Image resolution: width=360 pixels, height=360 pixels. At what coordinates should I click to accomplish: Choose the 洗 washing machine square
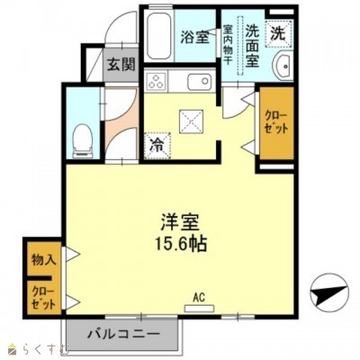tap(281, 31)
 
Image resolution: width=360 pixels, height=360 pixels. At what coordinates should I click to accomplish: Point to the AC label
tap(197, 295)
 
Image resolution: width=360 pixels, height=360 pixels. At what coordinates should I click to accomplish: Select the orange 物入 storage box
tap(42, 259)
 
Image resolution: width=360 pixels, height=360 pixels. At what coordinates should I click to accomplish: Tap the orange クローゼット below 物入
tap(42, 296)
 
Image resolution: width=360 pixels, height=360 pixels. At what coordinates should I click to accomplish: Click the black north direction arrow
tap(326, 292)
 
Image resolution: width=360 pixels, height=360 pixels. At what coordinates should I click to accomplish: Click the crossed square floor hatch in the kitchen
tap(192, 117)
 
